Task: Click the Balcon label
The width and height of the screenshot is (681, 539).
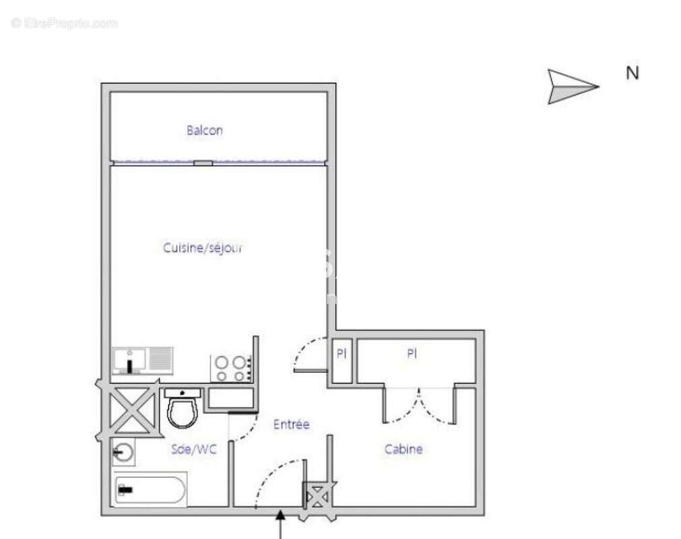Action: [x=204, y=131]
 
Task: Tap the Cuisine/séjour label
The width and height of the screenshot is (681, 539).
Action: [x=202, y=247]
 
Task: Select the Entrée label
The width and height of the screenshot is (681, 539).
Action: [x=291, y=425]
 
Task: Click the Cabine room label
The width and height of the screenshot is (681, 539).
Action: [x=403, y=449]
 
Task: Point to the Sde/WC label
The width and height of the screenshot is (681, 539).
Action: [x=195, y=449]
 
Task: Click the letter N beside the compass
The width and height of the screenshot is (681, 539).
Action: [x=632, y=73]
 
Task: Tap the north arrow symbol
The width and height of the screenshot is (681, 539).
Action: [x=572, y=87]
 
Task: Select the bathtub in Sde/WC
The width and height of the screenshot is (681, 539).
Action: [x=150, y=490]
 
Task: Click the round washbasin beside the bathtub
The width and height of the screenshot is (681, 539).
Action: [x=124, y=453]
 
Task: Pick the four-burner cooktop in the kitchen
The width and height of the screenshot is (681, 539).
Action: [x=231, y=368]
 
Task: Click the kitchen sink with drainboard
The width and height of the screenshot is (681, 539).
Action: [x=143, y=360]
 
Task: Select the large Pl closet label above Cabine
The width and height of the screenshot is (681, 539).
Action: [x=412, y=353]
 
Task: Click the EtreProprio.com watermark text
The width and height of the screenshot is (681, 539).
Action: [x=65, y=24]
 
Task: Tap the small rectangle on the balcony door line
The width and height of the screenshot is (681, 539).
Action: [x=203, y=162]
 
